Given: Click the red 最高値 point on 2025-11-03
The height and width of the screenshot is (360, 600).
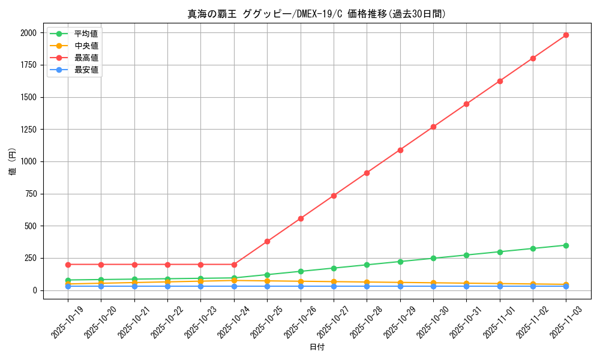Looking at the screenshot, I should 566,35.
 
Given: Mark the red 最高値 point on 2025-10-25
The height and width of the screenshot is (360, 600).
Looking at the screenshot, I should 267,242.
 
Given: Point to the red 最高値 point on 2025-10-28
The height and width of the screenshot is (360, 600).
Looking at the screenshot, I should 367,173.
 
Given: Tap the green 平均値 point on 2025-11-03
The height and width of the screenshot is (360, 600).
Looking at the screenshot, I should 566,245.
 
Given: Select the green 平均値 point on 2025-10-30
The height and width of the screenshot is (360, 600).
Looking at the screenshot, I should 433,259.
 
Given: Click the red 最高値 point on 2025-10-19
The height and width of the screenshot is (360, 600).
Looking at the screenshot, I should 68,265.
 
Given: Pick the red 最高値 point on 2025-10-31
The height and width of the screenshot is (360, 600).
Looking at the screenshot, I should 466,104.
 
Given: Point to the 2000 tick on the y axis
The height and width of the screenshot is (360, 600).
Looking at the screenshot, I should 28,33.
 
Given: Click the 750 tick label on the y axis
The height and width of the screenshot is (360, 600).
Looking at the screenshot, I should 30,194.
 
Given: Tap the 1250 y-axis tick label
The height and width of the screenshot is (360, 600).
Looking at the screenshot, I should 28,130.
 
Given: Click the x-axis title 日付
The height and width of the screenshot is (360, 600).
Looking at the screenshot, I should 317,347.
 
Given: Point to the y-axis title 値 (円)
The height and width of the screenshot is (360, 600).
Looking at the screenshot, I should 12,161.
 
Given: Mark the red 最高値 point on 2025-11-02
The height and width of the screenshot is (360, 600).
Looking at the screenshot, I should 533,58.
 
